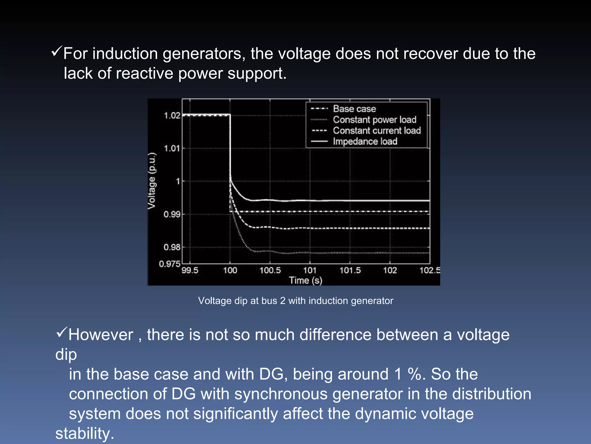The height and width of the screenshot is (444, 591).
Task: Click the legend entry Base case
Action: tap(354, 109)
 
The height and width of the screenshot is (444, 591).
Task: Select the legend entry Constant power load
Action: tap(374, 120)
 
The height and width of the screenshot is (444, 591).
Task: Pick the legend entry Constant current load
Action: tap(377, 131)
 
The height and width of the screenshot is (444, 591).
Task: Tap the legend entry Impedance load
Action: tap(365, 141)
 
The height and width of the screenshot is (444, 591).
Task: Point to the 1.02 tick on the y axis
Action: tap(172, 116)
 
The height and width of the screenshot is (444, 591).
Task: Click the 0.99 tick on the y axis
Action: tap(172, 214)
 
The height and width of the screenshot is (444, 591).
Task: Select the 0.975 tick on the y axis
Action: tap(170, 264)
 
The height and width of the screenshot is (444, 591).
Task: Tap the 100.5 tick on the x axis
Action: tap(270, 271)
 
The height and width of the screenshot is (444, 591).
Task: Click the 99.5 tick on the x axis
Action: tap(190, 271)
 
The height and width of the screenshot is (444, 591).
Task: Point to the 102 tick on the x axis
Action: tap(390, 271)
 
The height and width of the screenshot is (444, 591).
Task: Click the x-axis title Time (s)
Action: tap(306, 280)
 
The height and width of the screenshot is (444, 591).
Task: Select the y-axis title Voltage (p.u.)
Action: tap(152, 181)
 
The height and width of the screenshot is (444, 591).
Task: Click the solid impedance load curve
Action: tap(346, 200)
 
